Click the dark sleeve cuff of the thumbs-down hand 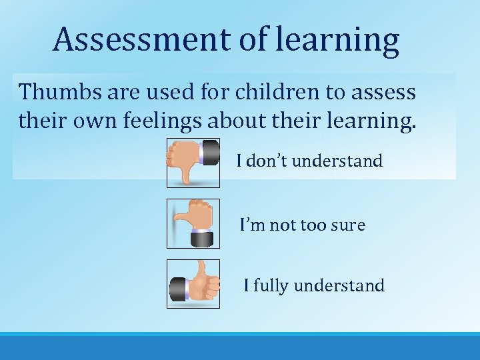tap(210, 152)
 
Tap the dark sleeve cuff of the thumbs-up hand tap(178, 289)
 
